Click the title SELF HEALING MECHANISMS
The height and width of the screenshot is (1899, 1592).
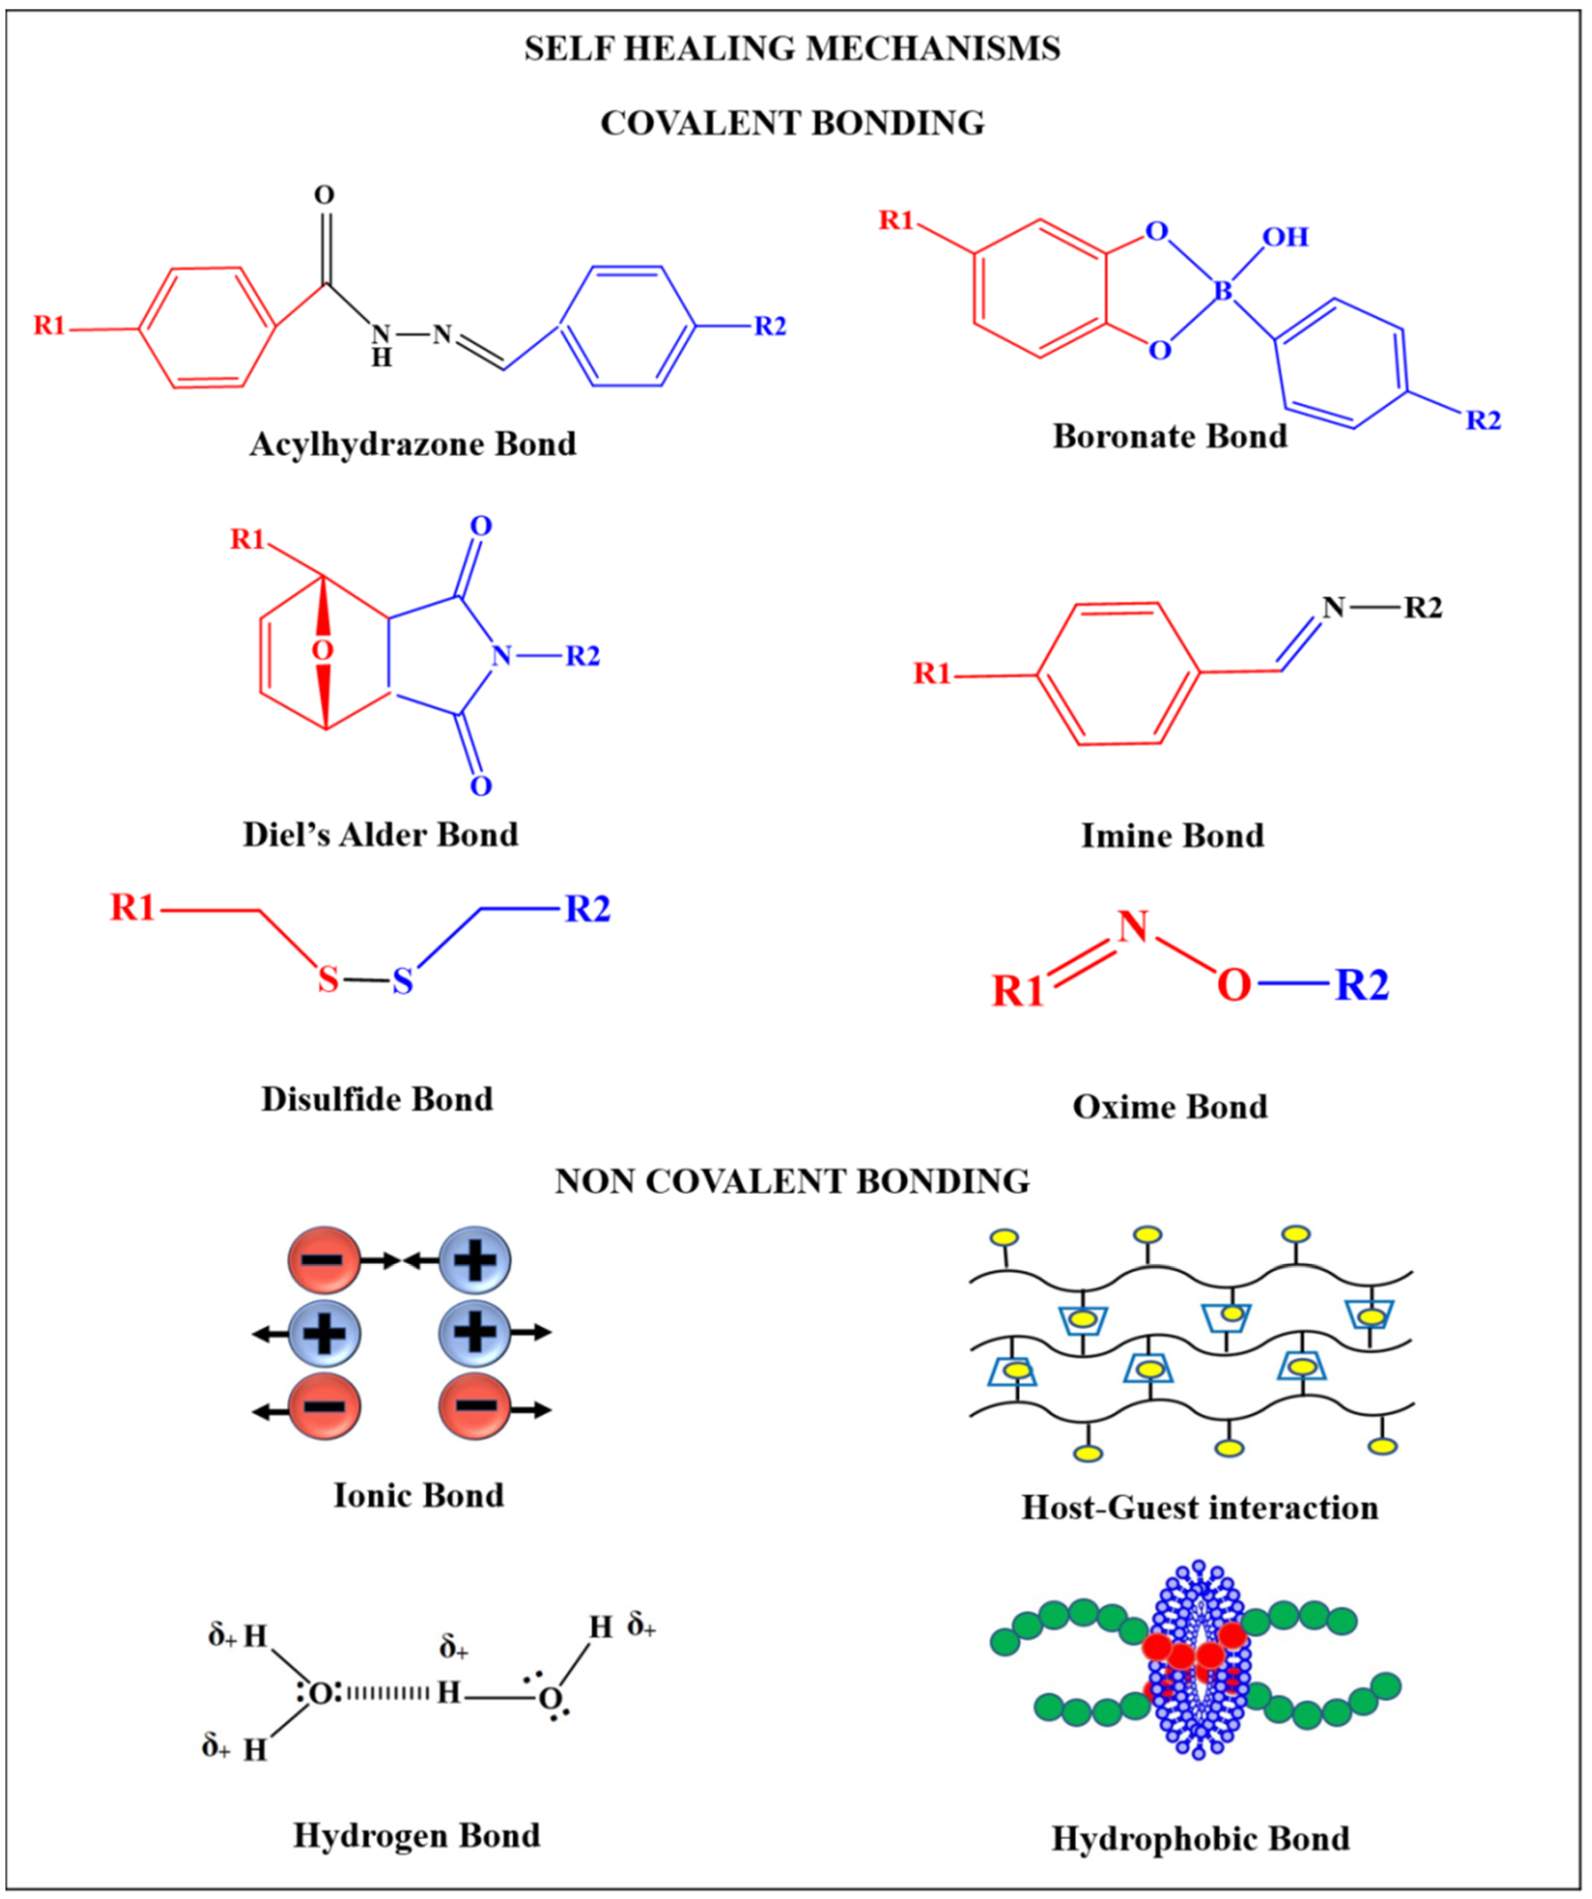(x=793, y=48)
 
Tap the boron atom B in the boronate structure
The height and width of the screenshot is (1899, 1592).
(x=1222, y=291)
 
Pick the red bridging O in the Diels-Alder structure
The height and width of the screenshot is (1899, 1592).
(x=322, y=650)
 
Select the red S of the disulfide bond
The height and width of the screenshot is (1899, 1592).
(x=328, y=979)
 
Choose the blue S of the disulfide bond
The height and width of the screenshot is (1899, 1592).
(x=403, y=981)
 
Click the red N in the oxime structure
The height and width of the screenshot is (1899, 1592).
(x=1132, y=927)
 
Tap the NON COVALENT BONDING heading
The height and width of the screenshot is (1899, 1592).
(x=793, y=1182)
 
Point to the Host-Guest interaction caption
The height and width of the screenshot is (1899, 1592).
(x=1200, y=1507)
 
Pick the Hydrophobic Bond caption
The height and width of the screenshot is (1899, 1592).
(x=1200, y=1838)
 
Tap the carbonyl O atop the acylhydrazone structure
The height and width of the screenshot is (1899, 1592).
(x=324, y=195)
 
